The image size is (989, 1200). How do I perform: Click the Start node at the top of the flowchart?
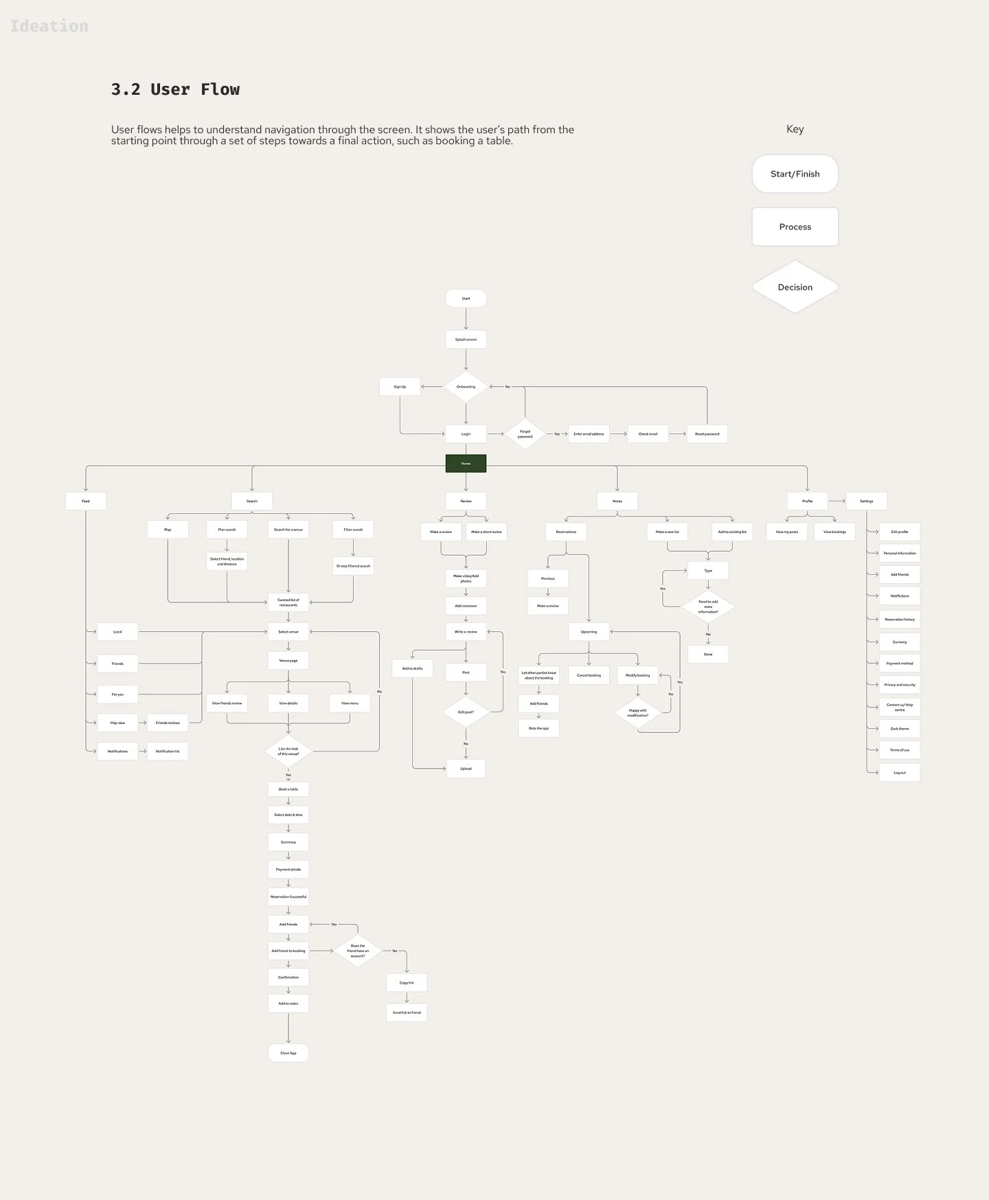coord(466,298)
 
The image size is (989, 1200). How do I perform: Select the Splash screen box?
coord(466,339)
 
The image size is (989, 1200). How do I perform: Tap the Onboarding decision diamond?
coord(466,387)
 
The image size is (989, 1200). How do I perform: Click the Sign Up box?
coord(400,387)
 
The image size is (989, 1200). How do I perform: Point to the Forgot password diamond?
coord(525,434)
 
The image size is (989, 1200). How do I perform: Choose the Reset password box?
coord(707,434)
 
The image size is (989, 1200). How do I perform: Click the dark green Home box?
coord(466,464)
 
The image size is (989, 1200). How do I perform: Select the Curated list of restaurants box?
coord(288,602)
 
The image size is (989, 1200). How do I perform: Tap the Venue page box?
coord(288,661)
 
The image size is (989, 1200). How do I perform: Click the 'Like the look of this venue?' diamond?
coord(288,751)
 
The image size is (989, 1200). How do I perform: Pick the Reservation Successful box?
coord(288,896)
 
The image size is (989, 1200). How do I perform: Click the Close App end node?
coord(288,1053)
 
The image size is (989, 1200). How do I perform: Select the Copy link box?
coord(407,983)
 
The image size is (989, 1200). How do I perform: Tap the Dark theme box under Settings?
coord(900,729)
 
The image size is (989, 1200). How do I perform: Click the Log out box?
coord(900,773)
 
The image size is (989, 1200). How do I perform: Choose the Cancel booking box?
coord(589,675)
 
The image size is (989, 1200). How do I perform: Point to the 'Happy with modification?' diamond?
coord(637,713)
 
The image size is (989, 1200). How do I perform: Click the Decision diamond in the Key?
coord(795,287)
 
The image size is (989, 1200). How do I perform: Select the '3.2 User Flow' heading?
coord(176,89)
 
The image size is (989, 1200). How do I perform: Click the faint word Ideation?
coord(49,26)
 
